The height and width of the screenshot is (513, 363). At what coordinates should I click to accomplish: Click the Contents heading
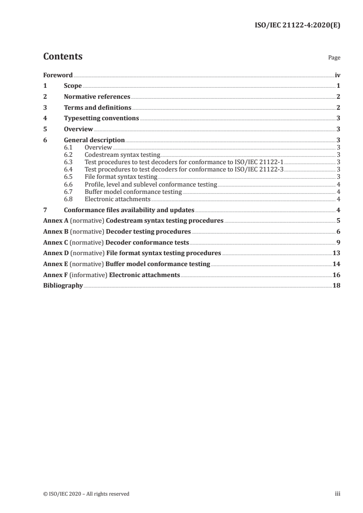click(x=63, y=57)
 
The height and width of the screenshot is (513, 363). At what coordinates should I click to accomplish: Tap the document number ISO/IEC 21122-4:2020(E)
click(x=297, y=26)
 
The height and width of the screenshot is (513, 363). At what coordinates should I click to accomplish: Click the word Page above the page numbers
click(x=334, y=58)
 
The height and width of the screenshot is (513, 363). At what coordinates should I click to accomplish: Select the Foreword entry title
click(x=58, y=75)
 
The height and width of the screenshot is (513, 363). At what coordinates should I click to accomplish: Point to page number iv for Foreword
click(x=337, y=75)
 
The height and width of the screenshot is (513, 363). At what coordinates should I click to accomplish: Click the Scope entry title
click(x=73, y=85)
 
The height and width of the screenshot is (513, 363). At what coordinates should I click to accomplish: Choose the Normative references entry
click(x=97, y=96)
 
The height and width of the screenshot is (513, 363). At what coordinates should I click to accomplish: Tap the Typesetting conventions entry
click(x=101, y=118)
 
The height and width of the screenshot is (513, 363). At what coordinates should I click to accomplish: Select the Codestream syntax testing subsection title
click(x=122, y=155)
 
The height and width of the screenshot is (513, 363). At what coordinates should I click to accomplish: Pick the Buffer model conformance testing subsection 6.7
click(x=133, y=192)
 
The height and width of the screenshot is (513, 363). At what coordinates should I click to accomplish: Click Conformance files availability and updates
click(x=129, y=210)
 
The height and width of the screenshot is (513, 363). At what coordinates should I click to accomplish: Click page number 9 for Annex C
click(x=338, y=242)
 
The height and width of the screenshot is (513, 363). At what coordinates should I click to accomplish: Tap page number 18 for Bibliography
click(x=336, y=285)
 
